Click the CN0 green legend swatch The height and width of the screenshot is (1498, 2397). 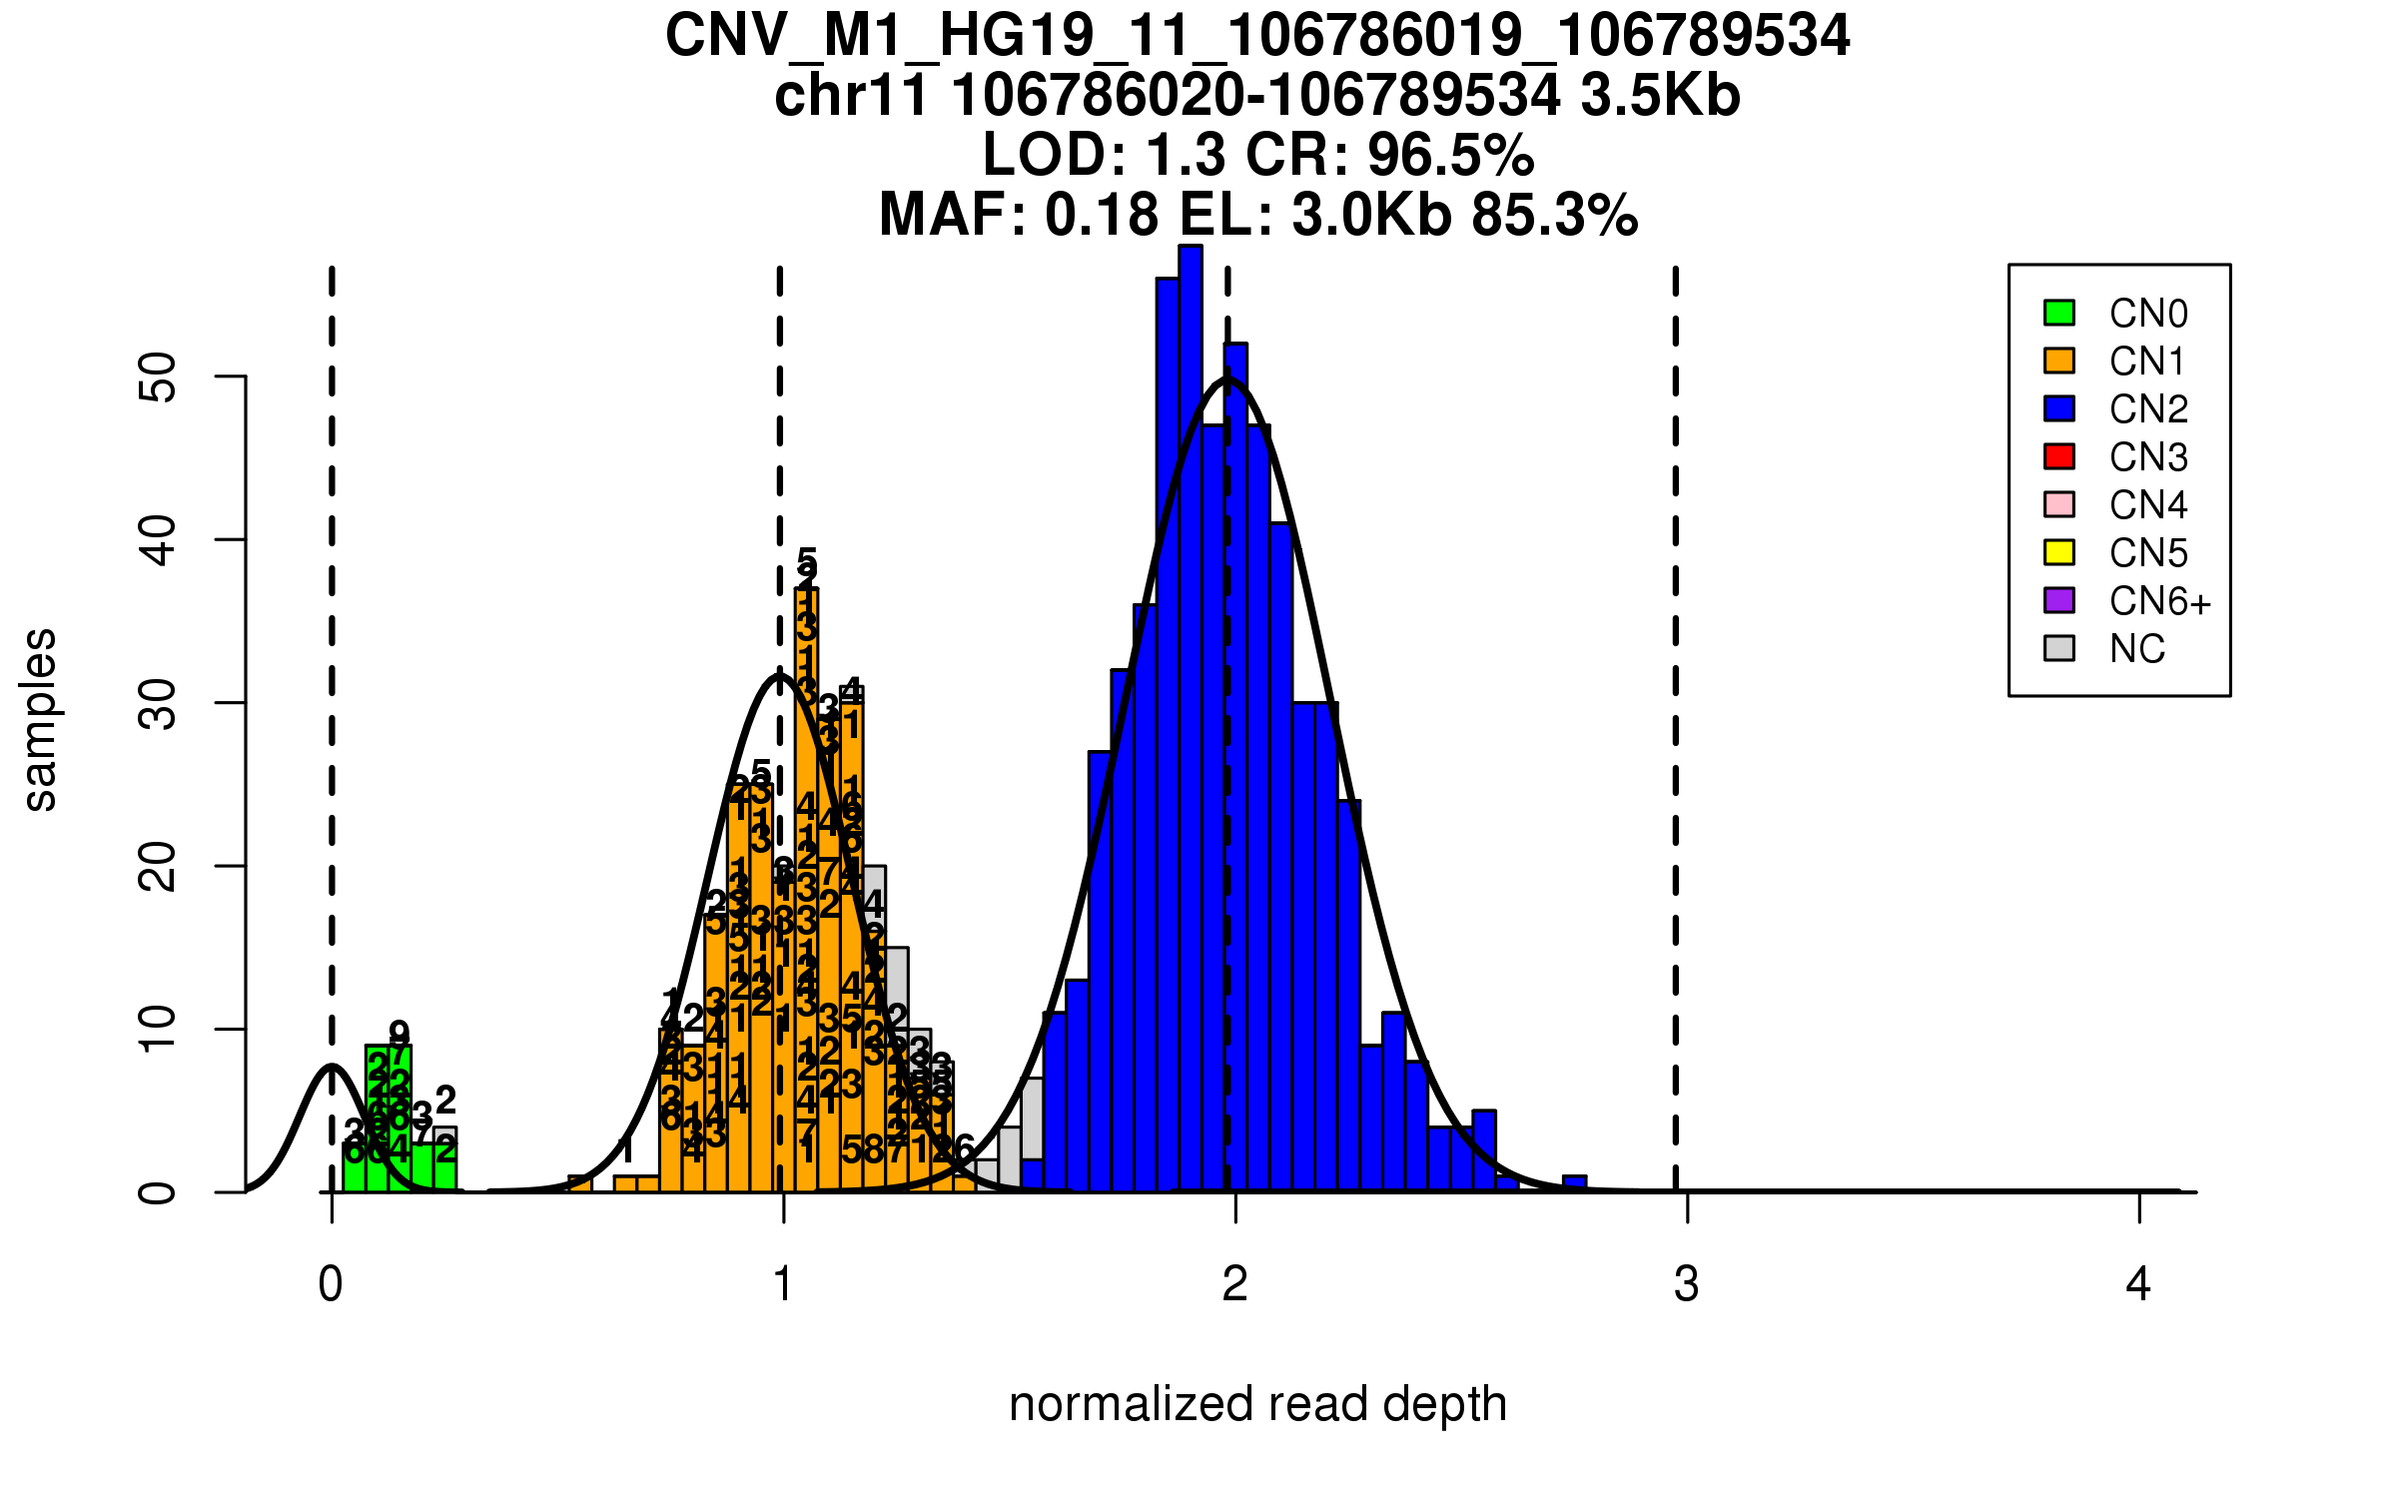coord(2059,313)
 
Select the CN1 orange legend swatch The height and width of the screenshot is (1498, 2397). coord(2059,361)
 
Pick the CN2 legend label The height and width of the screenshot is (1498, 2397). coord(2148,409)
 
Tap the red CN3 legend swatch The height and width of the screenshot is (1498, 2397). coord(2059,456)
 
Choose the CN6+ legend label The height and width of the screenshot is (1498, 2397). coord(2159,601)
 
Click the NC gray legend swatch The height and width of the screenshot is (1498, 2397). coord(2059,648)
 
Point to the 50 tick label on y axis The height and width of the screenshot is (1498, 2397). coord(158,377)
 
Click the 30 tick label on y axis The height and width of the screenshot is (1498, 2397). coord(158,704)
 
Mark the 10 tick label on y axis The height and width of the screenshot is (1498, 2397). coord(158,1030)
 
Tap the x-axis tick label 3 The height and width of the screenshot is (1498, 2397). coord(1687,1284)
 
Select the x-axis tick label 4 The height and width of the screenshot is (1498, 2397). coord(2138,1284)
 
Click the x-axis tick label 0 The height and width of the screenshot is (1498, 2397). coord(331,1284)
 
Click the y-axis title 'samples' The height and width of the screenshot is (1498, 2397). coord(40,719)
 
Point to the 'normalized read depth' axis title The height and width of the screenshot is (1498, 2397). coord(1257,1404)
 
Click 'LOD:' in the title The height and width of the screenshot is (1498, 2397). coord(1055,155)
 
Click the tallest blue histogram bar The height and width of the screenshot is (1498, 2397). coord(1191,719)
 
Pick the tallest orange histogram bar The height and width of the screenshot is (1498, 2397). coord(807,889)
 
